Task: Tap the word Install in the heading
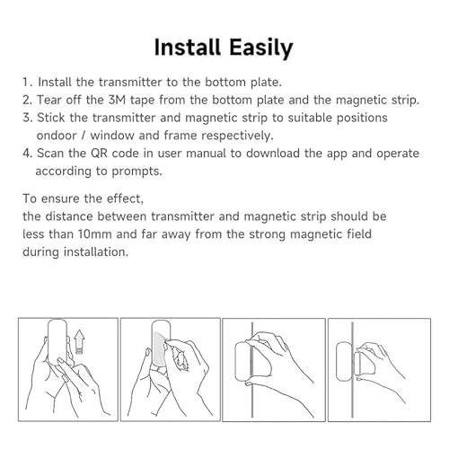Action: point(189,47)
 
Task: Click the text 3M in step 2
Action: point(121,99)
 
